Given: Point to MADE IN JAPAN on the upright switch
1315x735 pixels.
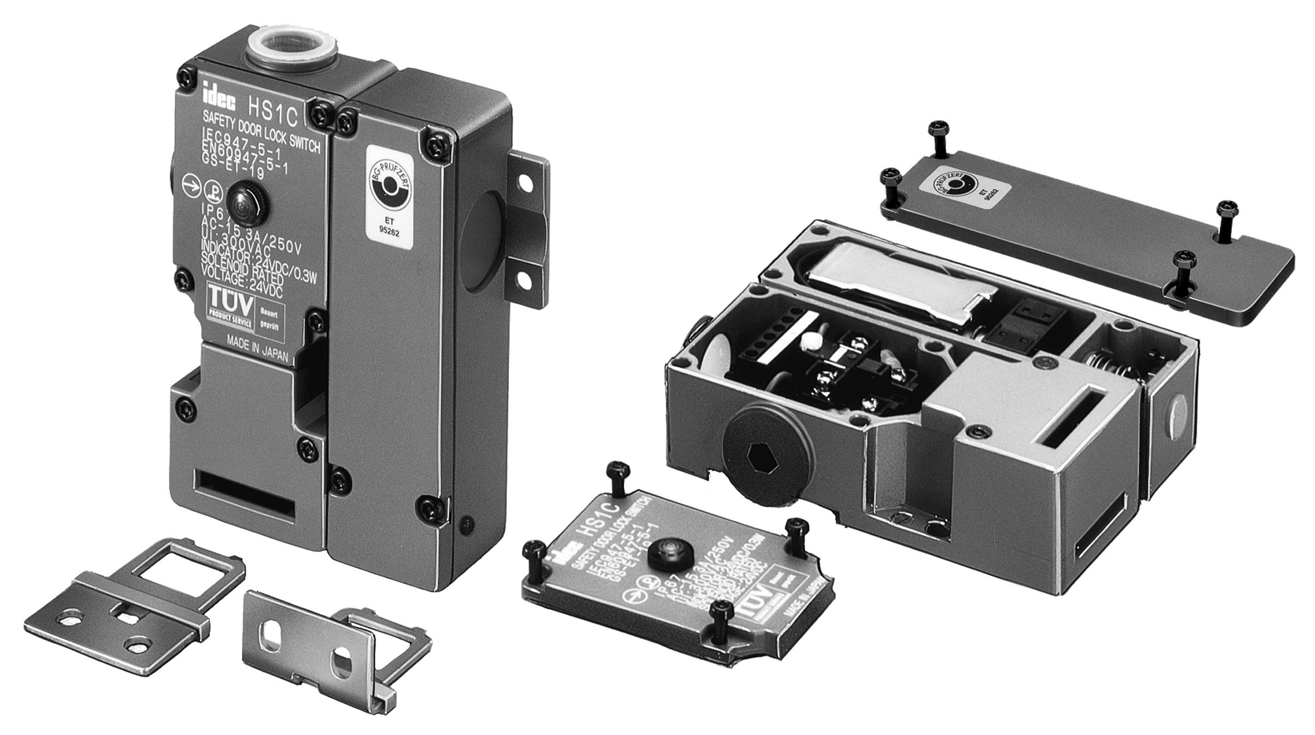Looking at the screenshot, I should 257,347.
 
